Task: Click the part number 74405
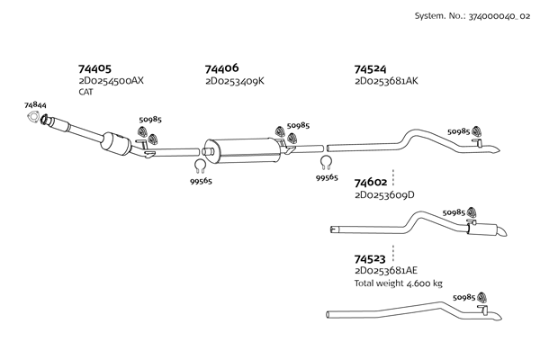[94, 68]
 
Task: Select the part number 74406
[221, 68]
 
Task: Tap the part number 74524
[371, 68]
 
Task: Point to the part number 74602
[371, 182]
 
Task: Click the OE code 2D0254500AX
[111, 81]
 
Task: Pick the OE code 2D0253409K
[234, 81]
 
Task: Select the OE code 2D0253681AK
[387, 81]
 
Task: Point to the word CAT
[85, 92]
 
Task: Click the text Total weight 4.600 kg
[398, 283]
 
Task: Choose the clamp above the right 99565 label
[327, 163]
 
